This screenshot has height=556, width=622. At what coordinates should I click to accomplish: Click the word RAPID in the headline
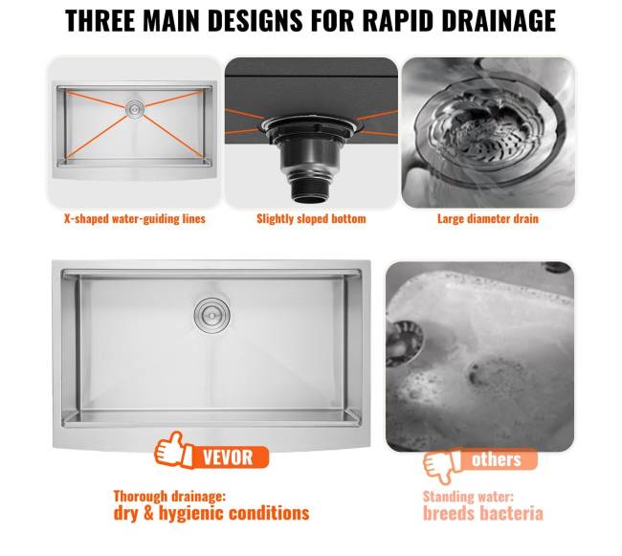click(x=398, y=20)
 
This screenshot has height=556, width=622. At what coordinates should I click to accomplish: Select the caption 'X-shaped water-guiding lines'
click(x=135, y=219)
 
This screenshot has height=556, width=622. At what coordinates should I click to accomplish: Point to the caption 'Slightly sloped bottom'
click(x=311, y=219)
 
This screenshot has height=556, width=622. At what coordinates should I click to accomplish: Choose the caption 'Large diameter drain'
click(x=488, y=219)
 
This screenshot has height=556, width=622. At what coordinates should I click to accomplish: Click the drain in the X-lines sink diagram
click(x=135, y=108)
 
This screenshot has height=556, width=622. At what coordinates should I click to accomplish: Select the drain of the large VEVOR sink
click(x=212, y=315)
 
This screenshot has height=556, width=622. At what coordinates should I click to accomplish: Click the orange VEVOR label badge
click(x=231, y=456)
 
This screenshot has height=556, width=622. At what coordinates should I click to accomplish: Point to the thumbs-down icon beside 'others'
click(x=441, y=466)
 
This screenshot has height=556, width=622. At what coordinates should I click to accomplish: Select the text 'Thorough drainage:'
click(x=169, y=496)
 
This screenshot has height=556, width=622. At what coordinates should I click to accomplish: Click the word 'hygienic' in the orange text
click(x=190, y=513)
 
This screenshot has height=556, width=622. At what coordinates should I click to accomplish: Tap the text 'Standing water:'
click(x=468, y=497)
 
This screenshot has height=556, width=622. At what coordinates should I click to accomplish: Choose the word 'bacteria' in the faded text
click(x=512, y=514)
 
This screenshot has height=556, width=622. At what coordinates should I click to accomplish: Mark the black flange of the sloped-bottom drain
click(x=311, y=127)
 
